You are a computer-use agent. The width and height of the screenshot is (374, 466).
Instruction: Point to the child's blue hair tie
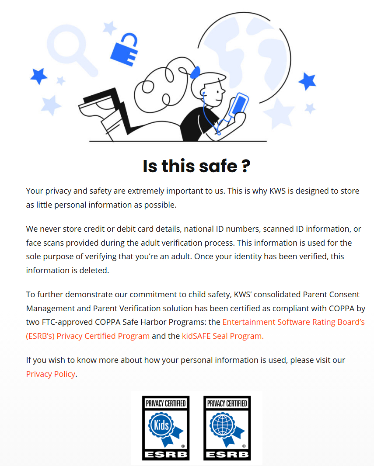(196, 71)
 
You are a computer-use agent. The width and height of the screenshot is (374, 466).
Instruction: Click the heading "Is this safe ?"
(196, 166)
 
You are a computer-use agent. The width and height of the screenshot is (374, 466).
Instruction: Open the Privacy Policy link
(50, 374)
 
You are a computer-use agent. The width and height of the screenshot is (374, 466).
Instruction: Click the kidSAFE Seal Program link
(223, 336)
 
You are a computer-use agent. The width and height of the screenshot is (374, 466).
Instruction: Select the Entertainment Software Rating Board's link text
(293, 322)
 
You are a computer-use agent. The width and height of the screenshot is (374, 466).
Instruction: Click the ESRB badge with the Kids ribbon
(165, 428)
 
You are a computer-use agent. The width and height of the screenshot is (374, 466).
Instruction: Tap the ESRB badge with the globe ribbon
(227, 428)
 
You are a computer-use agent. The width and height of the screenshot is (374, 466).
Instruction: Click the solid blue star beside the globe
(307, 81)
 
